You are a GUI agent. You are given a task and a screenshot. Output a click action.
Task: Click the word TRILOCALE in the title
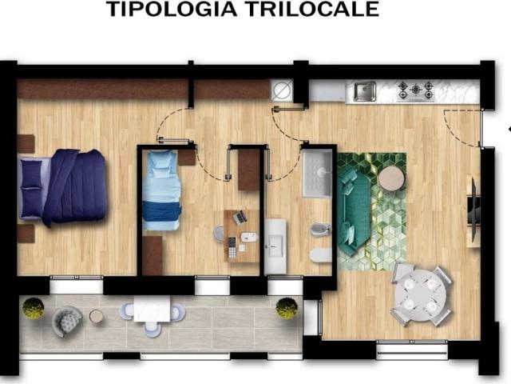coord(312,9)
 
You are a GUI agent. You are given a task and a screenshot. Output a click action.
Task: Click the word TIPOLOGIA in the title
coord(172,9)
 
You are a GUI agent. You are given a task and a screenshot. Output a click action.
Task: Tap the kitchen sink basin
coord(365,91)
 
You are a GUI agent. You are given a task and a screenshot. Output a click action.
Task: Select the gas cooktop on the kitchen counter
coord(416,90)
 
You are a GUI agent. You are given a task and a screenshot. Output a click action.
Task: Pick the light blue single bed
coord(161,190)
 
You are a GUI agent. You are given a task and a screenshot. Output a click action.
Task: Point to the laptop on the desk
coord(240,217)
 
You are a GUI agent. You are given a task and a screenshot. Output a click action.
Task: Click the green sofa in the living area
coord(353,211)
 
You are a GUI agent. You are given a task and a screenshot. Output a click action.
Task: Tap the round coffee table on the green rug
coord(392,178)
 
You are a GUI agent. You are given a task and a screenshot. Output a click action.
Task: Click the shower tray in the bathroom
coord(318,174)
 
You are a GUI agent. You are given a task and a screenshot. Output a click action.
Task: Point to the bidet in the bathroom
coord(321,230)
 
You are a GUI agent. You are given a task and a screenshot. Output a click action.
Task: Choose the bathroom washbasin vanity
coord(275,246)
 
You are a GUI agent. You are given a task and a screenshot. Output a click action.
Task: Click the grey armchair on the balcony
coord(67,321)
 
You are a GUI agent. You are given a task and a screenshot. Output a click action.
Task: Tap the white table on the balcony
coord(152,309)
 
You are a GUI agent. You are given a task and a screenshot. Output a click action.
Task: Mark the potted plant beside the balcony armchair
coord(34,308)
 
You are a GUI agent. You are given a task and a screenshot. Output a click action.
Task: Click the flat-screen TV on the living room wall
coord(474,210)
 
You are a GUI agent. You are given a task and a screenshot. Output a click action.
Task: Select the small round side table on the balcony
coord(97,316)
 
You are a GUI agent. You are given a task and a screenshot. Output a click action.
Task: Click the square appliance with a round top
coord(282,90)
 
